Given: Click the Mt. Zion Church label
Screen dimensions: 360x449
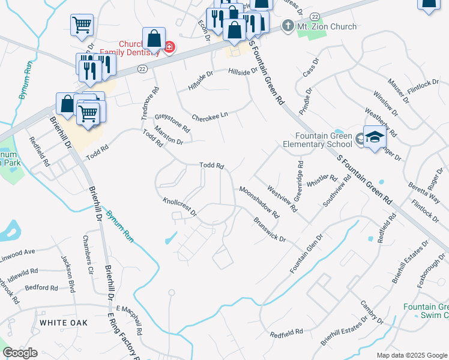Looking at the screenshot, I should click(x=327, y=26).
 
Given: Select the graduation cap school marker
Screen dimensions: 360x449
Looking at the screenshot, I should click(x=375, y=138).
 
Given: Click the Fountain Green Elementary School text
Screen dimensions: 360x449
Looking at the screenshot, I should click(x=315, y=140).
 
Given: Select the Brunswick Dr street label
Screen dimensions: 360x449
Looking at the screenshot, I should click(x=270, y=229).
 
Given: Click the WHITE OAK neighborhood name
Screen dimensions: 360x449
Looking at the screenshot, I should click(x=64, y=323).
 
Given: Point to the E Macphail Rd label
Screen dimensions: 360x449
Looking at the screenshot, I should click(x=129, y=320).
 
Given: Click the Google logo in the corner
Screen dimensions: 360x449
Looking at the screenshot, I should click(x=20, y=353).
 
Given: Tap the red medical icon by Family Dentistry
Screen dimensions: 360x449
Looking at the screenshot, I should click(x=169, y=47).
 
